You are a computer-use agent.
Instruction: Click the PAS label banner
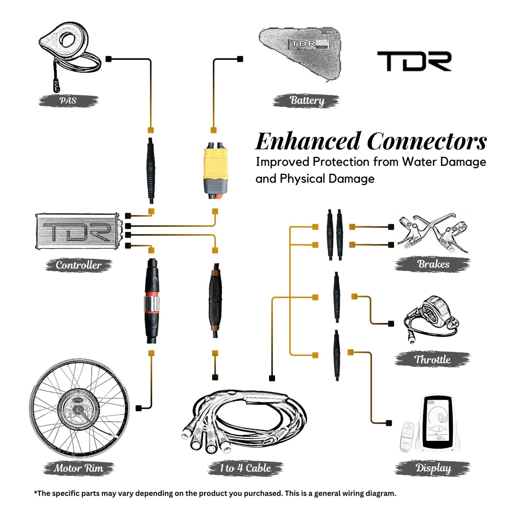[x=68, y=100]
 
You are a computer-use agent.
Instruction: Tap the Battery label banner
[x=306, y=100]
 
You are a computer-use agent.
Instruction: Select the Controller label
[x=79, y=265]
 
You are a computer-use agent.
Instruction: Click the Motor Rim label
[x=79, y=468]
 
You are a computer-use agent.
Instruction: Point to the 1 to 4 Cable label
[x=245, y=468]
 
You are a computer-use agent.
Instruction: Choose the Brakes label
[x=433, y=264]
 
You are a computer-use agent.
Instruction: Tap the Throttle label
[x=432, y=359]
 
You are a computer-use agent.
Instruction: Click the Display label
[x=433, y=468]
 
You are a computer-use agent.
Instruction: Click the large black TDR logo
[x=414, y=61]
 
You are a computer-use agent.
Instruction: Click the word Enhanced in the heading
[x=308, y=141]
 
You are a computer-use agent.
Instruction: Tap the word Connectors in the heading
[x=427, y=141]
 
